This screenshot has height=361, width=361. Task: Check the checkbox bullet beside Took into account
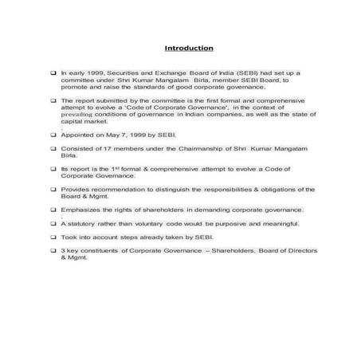tap(53, 237)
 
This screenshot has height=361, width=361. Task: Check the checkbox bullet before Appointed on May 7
tap(53, 138)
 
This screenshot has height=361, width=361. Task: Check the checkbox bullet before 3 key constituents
tap(53, 251)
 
